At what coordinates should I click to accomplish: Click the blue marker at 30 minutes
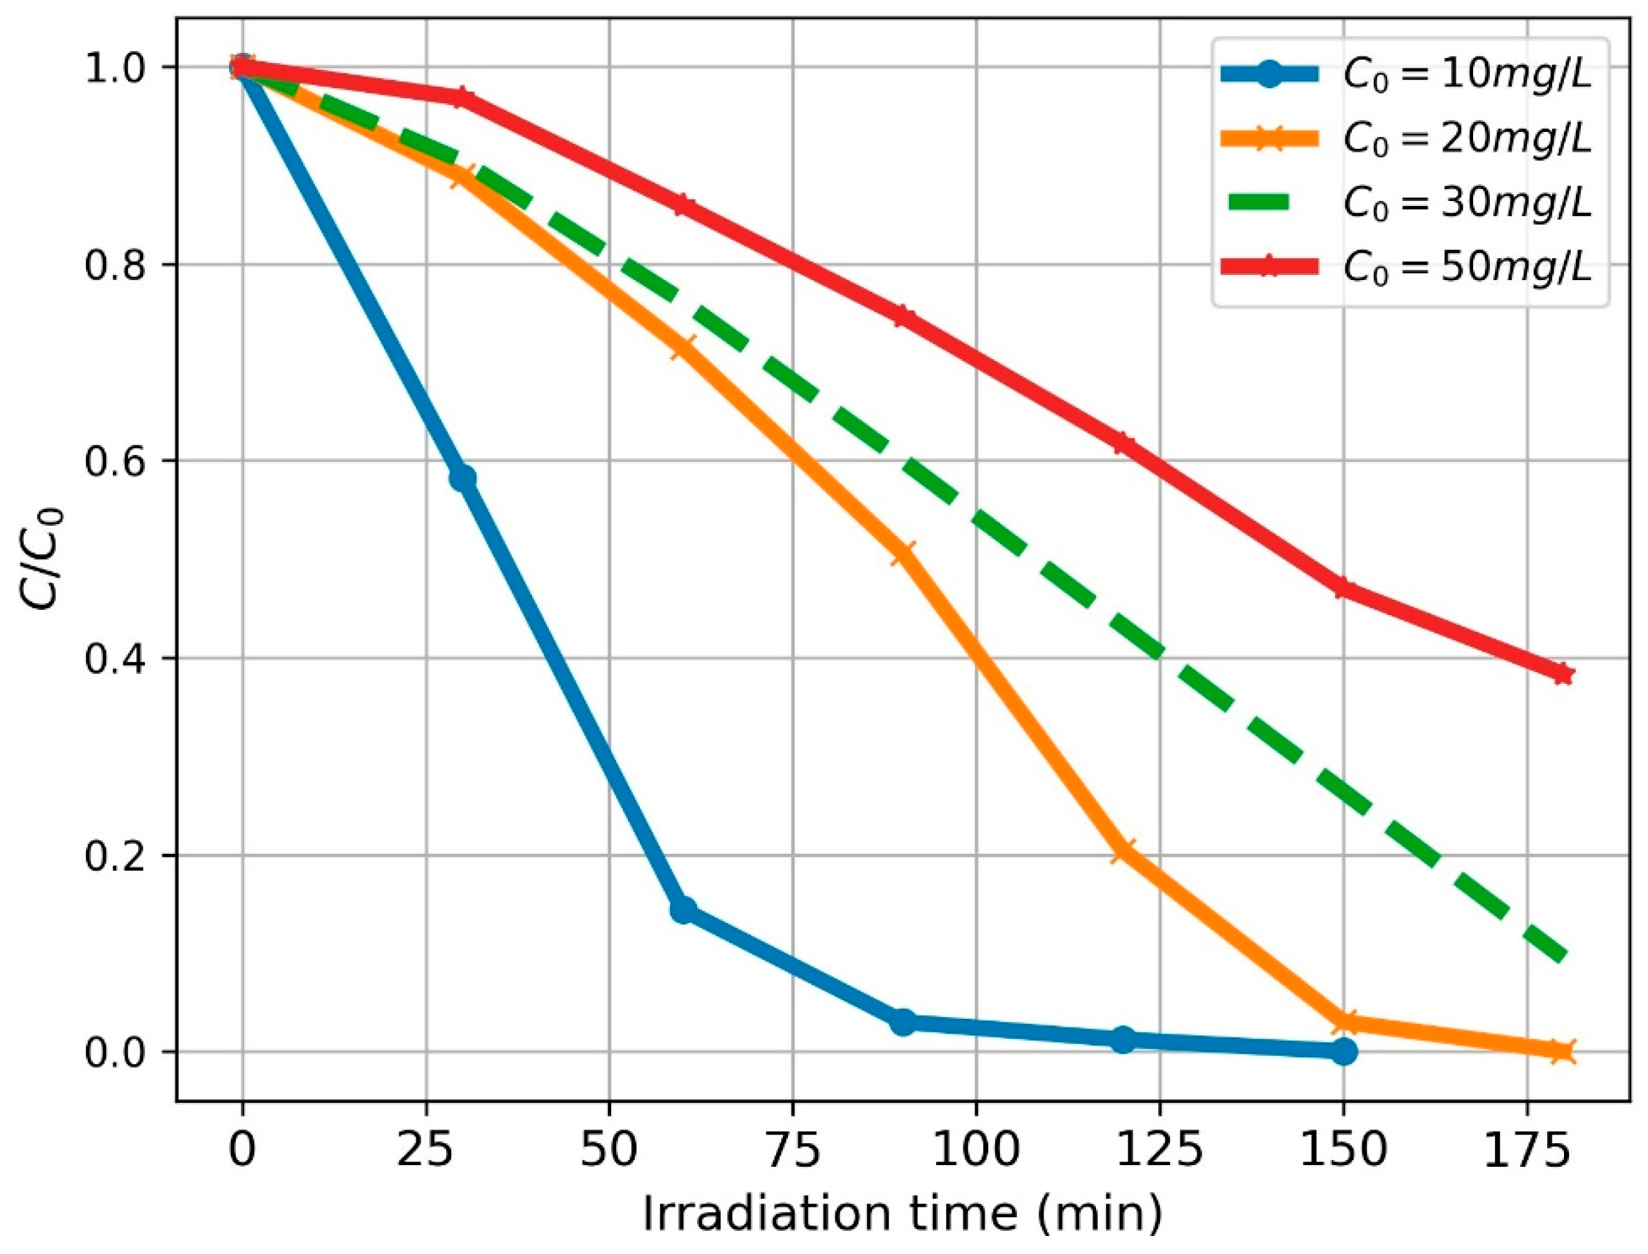click(463, 479)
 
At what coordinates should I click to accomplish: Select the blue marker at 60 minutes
click(683, 910)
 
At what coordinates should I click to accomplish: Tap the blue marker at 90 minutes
click(903, 1022)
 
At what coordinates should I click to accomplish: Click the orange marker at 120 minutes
click(1123, 850)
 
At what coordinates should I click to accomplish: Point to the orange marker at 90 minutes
click(903, 554)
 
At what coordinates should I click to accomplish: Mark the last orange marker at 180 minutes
click(1563, 1052)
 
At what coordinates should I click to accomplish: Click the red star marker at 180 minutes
click(1563, 674)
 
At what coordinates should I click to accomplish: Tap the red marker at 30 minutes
click(463, 98)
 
